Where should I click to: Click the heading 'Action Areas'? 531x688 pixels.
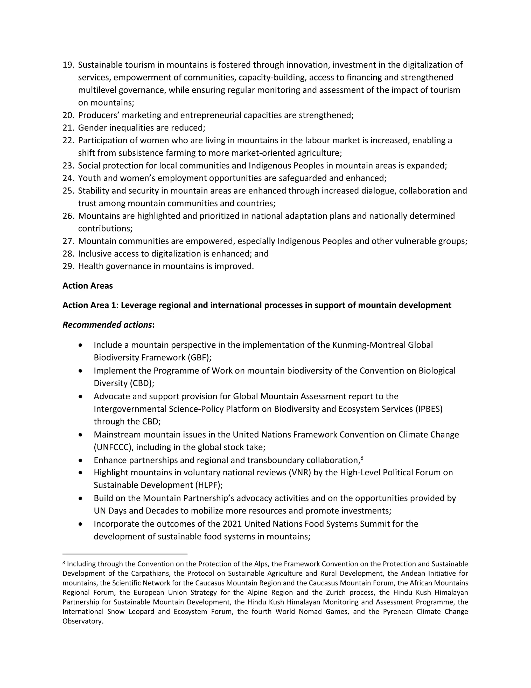87,286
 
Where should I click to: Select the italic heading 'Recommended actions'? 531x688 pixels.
107,325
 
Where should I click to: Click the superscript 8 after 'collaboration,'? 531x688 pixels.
362,458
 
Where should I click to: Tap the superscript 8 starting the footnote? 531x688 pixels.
64,562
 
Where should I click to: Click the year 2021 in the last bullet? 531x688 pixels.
232,524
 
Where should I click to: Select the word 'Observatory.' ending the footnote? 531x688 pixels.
83,621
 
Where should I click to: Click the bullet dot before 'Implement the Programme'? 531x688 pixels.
81,371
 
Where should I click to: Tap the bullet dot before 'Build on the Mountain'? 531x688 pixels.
81,499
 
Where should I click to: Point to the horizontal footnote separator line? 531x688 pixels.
125,554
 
